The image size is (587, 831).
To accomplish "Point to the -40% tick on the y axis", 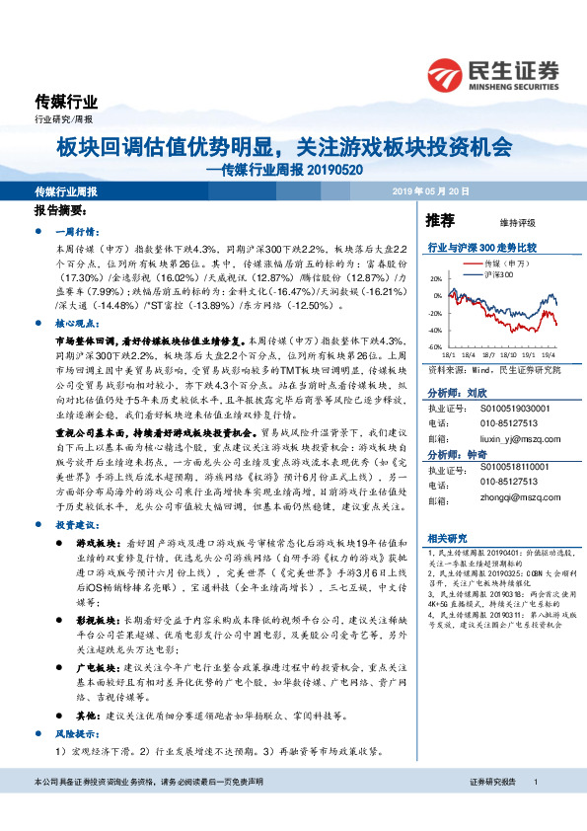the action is coord(435,331).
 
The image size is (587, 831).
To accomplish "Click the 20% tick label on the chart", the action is coord(436,278).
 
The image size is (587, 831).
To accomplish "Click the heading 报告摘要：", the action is coord(60,212).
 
